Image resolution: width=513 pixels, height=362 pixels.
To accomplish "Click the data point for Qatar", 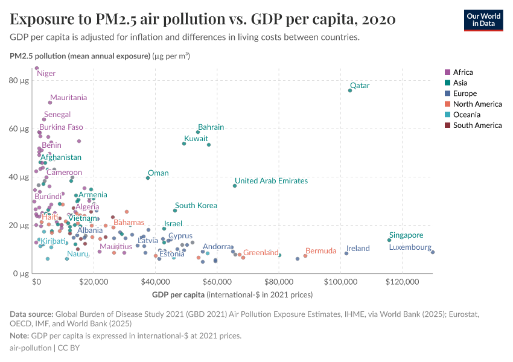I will (x=350, y=91).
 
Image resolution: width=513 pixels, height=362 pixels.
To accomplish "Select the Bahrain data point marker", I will (x=198, y=132).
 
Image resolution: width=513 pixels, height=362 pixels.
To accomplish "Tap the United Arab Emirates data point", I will (x=235, y=186).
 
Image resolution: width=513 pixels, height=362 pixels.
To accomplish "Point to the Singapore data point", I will (x=389, y=240).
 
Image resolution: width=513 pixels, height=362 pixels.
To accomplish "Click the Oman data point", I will (x=148, y=178).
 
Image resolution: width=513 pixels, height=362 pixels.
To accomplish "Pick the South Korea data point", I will (x=175, y=211).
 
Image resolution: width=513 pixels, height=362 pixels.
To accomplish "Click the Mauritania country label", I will (x=68, y=98).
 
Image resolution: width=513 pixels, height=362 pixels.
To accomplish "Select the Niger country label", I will (x=46, y=74).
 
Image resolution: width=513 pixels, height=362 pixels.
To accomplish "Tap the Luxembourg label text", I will (x=410, y=247).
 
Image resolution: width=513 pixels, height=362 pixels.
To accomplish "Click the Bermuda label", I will (x=320, y=251).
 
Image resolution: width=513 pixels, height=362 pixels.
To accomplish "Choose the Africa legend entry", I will (x=462, y=72).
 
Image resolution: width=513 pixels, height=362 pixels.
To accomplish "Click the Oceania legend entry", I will (x=467, y=115).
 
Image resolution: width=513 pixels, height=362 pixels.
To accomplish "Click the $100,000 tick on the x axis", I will (x=342, y=282).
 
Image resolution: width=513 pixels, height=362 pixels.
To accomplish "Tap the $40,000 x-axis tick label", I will (x=155, y=282).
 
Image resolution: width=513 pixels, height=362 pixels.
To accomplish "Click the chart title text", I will (x=203, y=20).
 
